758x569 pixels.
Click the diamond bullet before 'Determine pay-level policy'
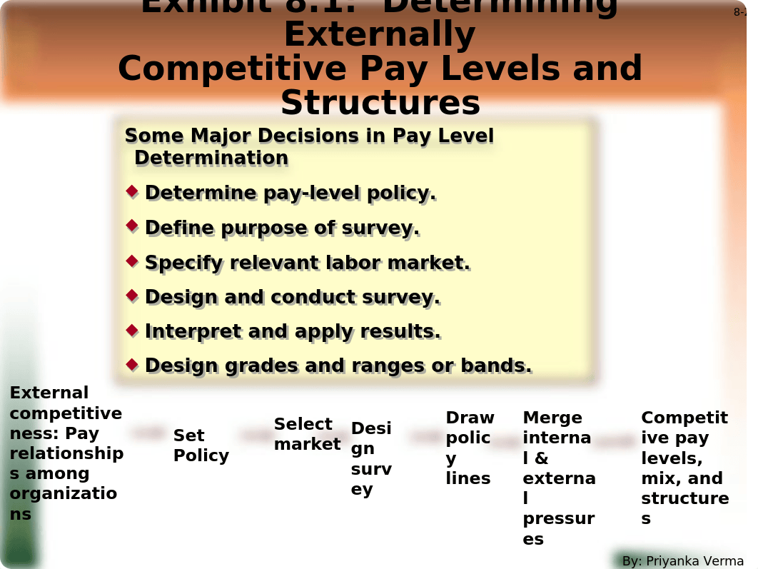coord(132,191)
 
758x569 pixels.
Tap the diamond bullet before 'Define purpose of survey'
coord(132,226)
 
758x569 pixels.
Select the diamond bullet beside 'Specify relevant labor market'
coord(132,261)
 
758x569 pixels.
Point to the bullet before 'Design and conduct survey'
coord(132,295)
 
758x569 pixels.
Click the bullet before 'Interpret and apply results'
coord(132,330)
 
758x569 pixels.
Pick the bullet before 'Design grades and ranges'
coord(132,364)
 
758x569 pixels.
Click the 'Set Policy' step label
coord(201,445)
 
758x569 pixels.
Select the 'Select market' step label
coord(308,434)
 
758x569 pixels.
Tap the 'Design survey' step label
coord(371,458)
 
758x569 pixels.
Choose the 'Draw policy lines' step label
coord(470,448)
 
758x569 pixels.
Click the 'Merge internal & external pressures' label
coord(559,478)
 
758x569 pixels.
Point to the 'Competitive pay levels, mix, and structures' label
coord(684,468)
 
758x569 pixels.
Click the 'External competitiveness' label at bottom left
coord(66,453)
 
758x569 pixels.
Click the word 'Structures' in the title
coord(380,104)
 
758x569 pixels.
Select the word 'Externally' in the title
coord(380,35)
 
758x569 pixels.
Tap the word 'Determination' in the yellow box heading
coord(211,158)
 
